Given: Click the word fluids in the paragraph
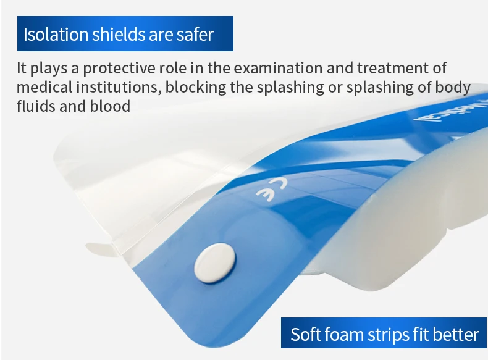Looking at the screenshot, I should tap(35, 106).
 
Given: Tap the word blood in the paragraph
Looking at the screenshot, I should tap(112, 106).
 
